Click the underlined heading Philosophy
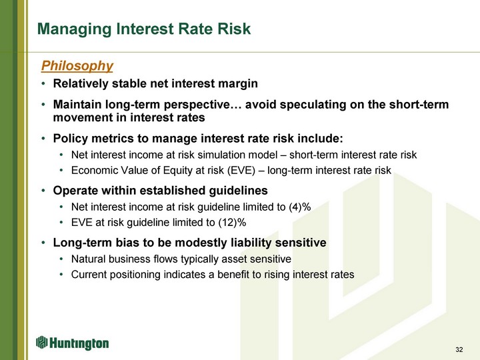coord(77,66)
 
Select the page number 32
coord(459,349)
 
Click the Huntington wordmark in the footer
coord(79,343)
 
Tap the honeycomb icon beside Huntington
coord(41,342)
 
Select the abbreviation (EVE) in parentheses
coord(241,171)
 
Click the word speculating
coord(313,105)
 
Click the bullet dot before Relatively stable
coord(44,84)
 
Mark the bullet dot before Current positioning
coord(62,275)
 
